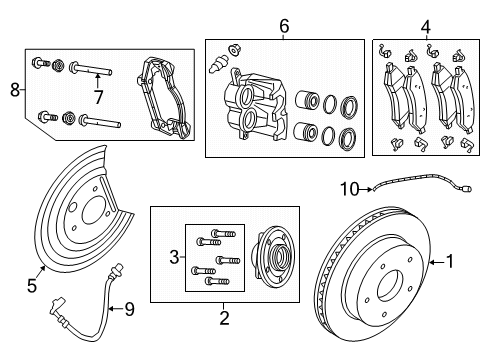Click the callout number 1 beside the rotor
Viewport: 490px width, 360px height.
(x=450, y=263)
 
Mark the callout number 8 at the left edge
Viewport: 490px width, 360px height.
(x=13, y=89)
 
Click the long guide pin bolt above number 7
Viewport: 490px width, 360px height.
(x=92, y=71)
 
